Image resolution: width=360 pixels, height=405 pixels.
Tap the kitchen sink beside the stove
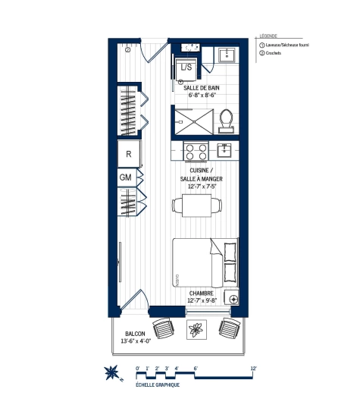pyautogui.click(x=224, y=149)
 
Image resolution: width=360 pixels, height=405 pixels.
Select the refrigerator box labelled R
pyautogui.click(x=129, y=152)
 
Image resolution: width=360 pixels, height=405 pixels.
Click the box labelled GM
pyautogui.click(x=127, y=177)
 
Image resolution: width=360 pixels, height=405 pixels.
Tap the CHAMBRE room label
pyautogui.click(x=202, y=293)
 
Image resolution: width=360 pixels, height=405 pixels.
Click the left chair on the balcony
pyautogui.click(x=164, y=329)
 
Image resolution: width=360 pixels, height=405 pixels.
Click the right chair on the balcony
pyautogui.click(x=228, y=328)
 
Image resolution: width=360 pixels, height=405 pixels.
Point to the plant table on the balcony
pyautogui.click(x=196, y=330)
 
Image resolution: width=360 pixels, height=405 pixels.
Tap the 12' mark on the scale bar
pyautogui.click(x=254, y=368)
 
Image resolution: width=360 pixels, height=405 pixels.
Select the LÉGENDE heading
pyautogui.click(x=268, y=36)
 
